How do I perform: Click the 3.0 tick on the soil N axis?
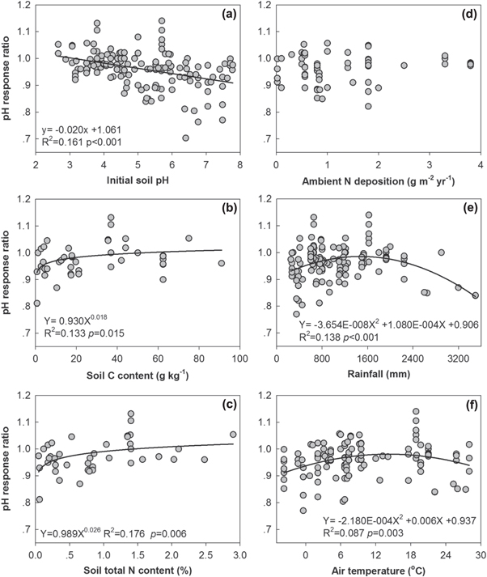coord(239,551)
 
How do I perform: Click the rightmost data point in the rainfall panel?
coord(476,295)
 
